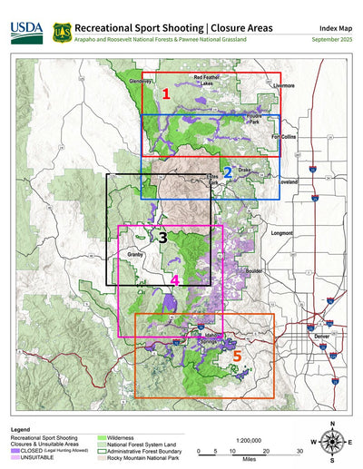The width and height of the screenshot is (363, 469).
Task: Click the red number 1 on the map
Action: [166, 93]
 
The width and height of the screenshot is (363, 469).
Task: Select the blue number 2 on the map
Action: [228, 170]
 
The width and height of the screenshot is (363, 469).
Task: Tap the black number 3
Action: [162, 238]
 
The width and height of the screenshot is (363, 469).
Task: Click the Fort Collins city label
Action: [287, 137]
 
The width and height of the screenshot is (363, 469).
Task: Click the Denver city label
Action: [321, 336]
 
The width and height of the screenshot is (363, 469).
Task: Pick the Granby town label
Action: [136, 256]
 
